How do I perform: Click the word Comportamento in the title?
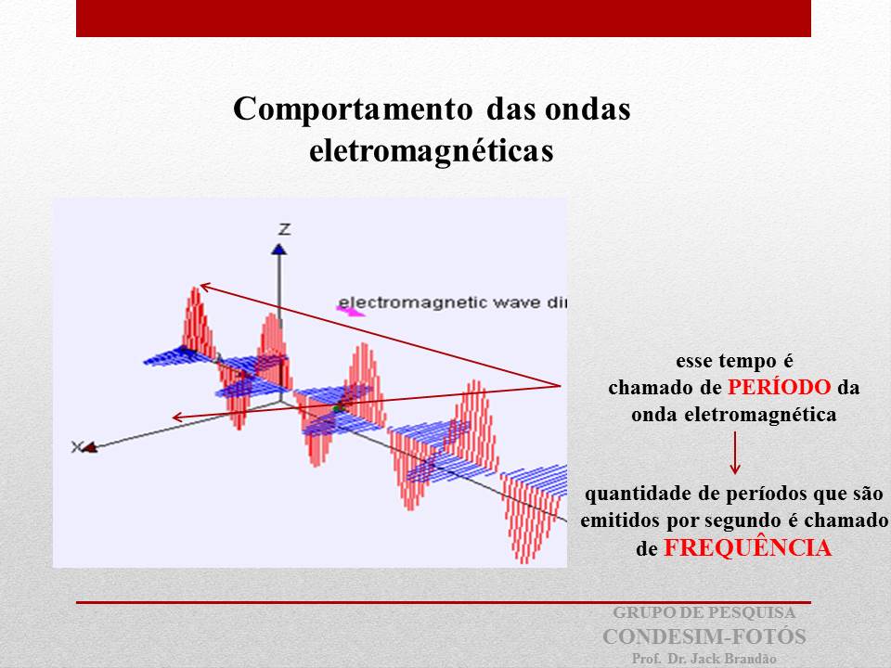[x=353, y=109]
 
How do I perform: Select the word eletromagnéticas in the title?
[x=432, y=151]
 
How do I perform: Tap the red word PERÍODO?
[x=780, y=387]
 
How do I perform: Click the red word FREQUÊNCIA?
[x=748, y=548]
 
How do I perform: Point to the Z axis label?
[x=284, y=229]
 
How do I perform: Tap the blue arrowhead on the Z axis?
[x=278, y=249]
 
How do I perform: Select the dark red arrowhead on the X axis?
[x=90, y=447]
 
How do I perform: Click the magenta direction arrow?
[x=351, y=311]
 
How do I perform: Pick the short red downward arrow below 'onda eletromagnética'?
[x=735, y=453]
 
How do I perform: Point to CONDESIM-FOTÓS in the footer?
[x=704, y=636]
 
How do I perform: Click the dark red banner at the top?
[x=444, y=19]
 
